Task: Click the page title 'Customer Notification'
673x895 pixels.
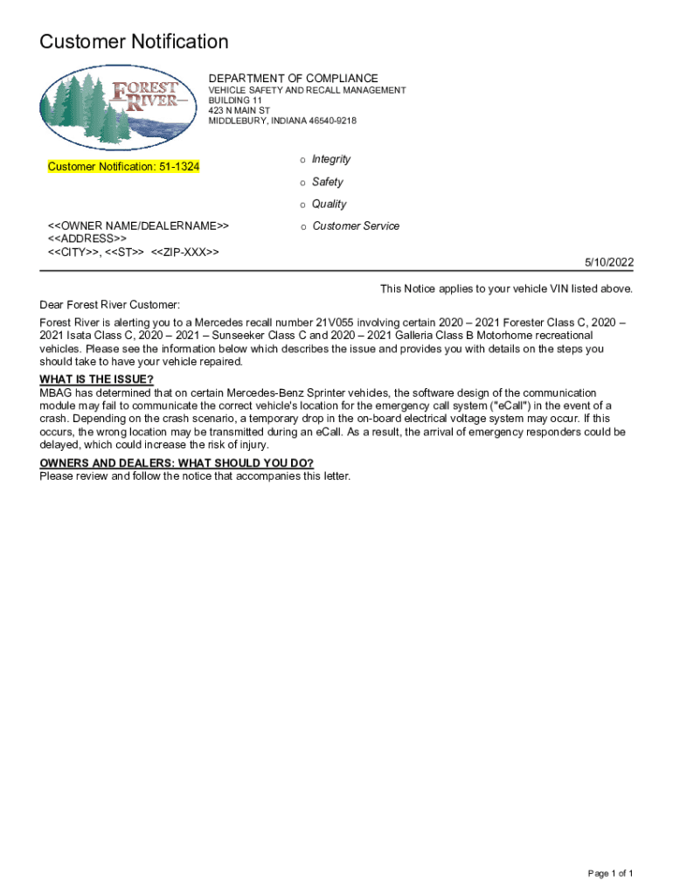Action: coord(135,42)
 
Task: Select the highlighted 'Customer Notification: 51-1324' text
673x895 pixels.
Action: coord(123,166)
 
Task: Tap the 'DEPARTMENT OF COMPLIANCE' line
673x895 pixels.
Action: coord(293,79)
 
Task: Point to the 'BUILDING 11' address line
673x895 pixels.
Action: coord(235,101)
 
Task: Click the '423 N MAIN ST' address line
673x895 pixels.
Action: coord(239,111)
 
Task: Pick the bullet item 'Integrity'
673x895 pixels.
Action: coord(331,159)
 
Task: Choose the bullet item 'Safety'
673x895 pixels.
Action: coord(328,182)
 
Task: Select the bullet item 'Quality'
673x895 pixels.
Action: coord(330,204)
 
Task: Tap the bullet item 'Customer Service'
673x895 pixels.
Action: coord(356,225)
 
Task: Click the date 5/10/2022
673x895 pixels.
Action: coord(609,263)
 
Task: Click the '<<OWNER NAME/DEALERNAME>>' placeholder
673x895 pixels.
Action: coord(138,226)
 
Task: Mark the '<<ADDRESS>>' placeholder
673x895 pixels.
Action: coord(87,239)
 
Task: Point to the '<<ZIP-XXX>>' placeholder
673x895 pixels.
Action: coord(184,252)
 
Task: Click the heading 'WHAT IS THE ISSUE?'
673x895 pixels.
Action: coord(97,379)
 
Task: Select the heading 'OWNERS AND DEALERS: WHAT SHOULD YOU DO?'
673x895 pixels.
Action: coord(177,463)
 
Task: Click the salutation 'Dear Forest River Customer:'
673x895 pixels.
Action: coord(109,304)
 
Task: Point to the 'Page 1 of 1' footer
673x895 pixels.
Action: coord(610,874)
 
